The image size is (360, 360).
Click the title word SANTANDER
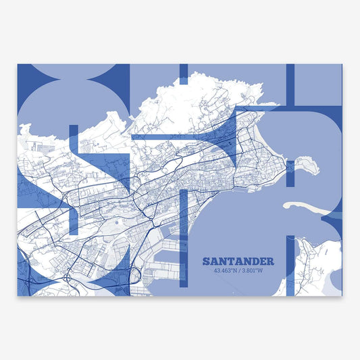(238, 261)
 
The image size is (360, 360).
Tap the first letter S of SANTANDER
(206, 261)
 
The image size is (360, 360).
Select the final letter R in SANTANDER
(270, 261)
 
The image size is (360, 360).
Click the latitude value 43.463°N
(224, 272)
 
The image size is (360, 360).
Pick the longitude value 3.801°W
(257, 272)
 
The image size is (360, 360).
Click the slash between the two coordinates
(240, 272)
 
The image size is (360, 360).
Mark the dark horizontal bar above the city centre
(176, 137)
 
